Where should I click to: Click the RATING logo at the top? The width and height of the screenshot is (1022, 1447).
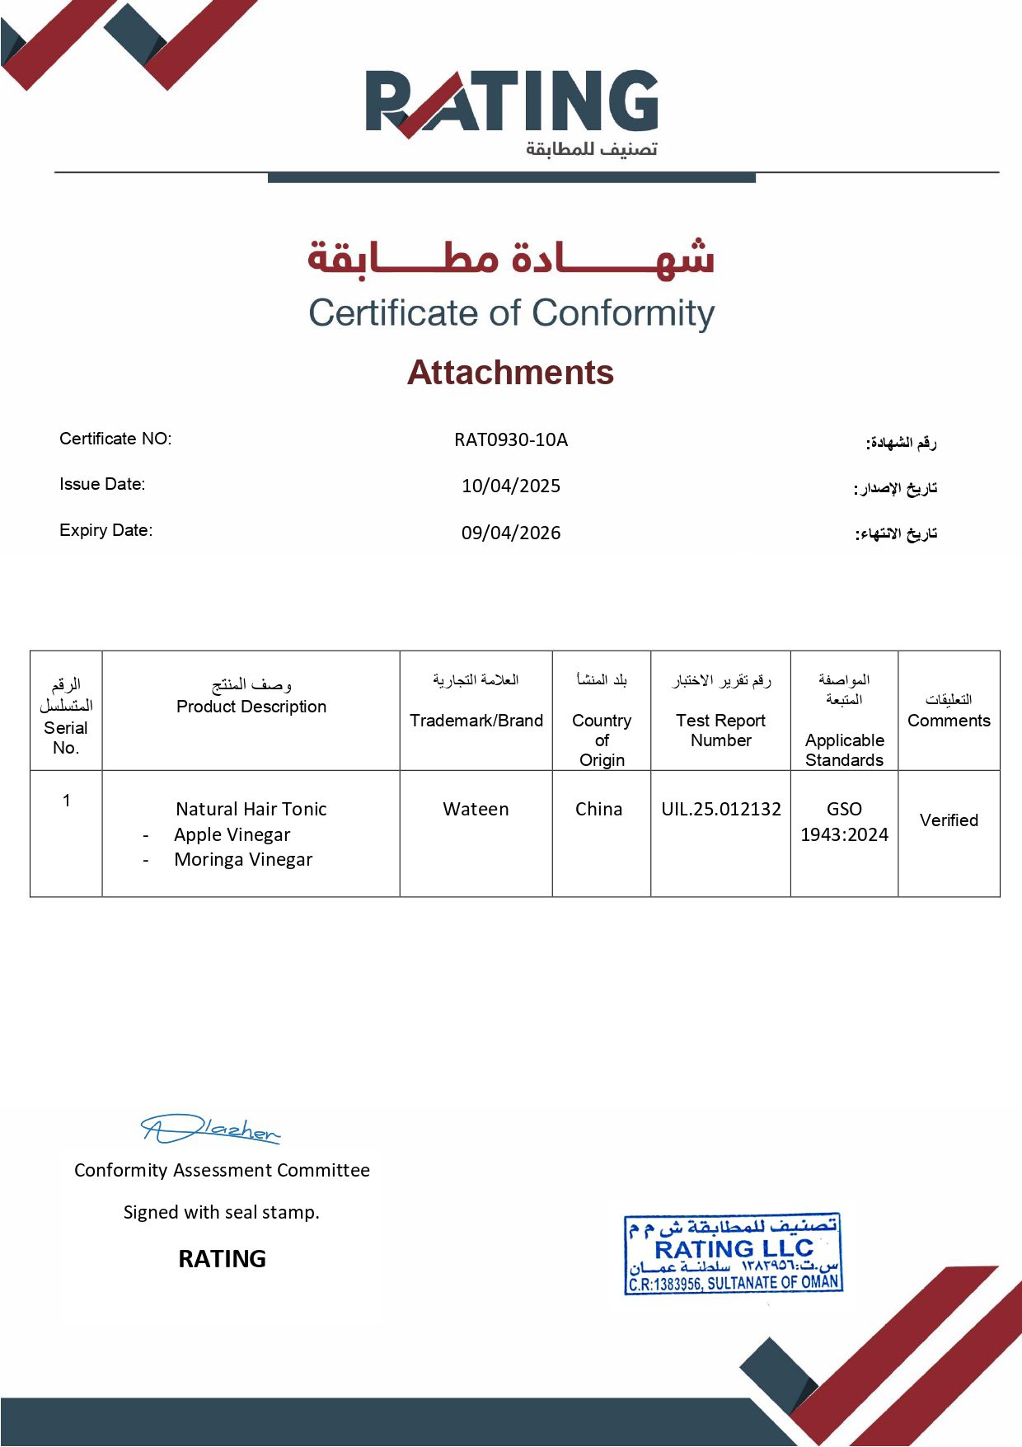[x=512, y=103]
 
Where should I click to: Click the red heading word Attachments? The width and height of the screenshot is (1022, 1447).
[x=510, y=373]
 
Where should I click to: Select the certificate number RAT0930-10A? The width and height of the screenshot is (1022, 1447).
[x=511, y=439]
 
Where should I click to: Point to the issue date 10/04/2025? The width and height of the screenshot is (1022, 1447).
[x=511, y=486]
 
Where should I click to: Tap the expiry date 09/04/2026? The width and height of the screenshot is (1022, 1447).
[x=511, y=533]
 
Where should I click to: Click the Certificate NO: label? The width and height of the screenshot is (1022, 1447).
[x=115, y=439]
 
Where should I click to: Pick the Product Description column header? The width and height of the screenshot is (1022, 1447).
[x=251, y=707]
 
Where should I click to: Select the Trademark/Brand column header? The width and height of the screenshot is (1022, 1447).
[x=476, y=721]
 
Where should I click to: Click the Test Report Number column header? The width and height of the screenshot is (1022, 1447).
[x=720, y=731]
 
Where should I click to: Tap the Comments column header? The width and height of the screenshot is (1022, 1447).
[x=949, y=721]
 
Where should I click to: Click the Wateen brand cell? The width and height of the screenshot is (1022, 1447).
[x=476, y=809]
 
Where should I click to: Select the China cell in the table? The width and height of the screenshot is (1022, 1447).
[x=598, y=809]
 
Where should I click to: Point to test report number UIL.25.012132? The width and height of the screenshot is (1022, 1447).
[x=721, y=809]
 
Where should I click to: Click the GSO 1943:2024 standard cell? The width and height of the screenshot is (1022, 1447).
[x=844, y=821]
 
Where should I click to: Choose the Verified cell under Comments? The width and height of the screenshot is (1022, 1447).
[x=949, y=820]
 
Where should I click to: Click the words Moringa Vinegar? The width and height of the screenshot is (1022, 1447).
[x=243, y=859]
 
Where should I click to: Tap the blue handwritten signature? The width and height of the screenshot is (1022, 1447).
[x=210, y=1129]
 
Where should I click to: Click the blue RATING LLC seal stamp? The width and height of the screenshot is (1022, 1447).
[x=734, y=1253]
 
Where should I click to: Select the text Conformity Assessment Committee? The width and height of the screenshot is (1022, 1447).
[x=222, y=1170]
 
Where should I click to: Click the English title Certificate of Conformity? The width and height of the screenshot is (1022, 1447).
[x=511, y=313]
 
